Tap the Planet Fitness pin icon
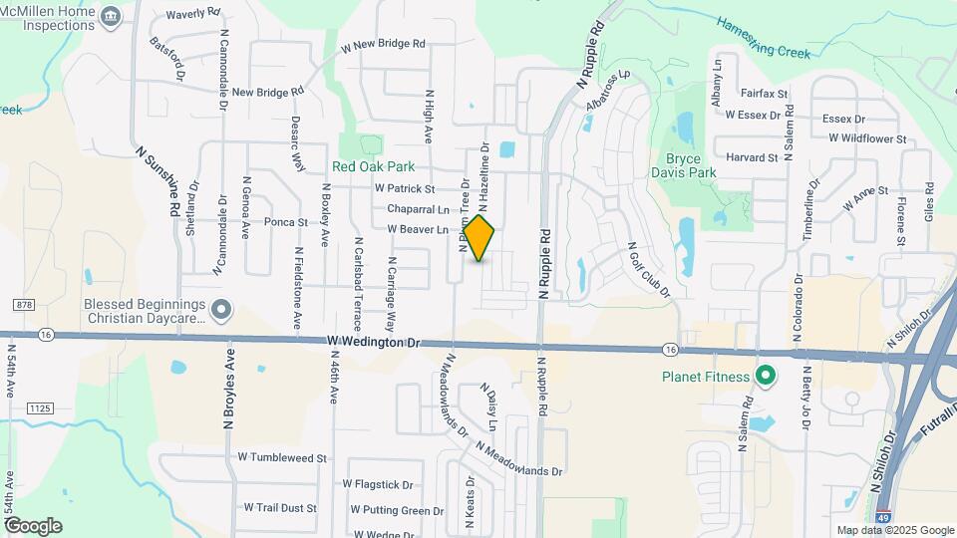point(766,377)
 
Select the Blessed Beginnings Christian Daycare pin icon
point(221,311)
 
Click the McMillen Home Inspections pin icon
point(110,15)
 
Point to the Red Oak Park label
point(373,167)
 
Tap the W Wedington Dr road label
point(374,342)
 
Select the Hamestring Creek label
point(764,40)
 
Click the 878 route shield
point(24,304)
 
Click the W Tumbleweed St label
point(282,458)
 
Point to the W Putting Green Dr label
point(397,511)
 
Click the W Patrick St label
point(405,188)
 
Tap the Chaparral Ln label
point(418,209)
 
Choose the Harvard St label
point(752,157)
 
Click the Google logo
point(32,525)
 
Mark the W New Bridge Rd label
point(383,45)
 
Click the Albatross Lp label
point(609,89)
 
